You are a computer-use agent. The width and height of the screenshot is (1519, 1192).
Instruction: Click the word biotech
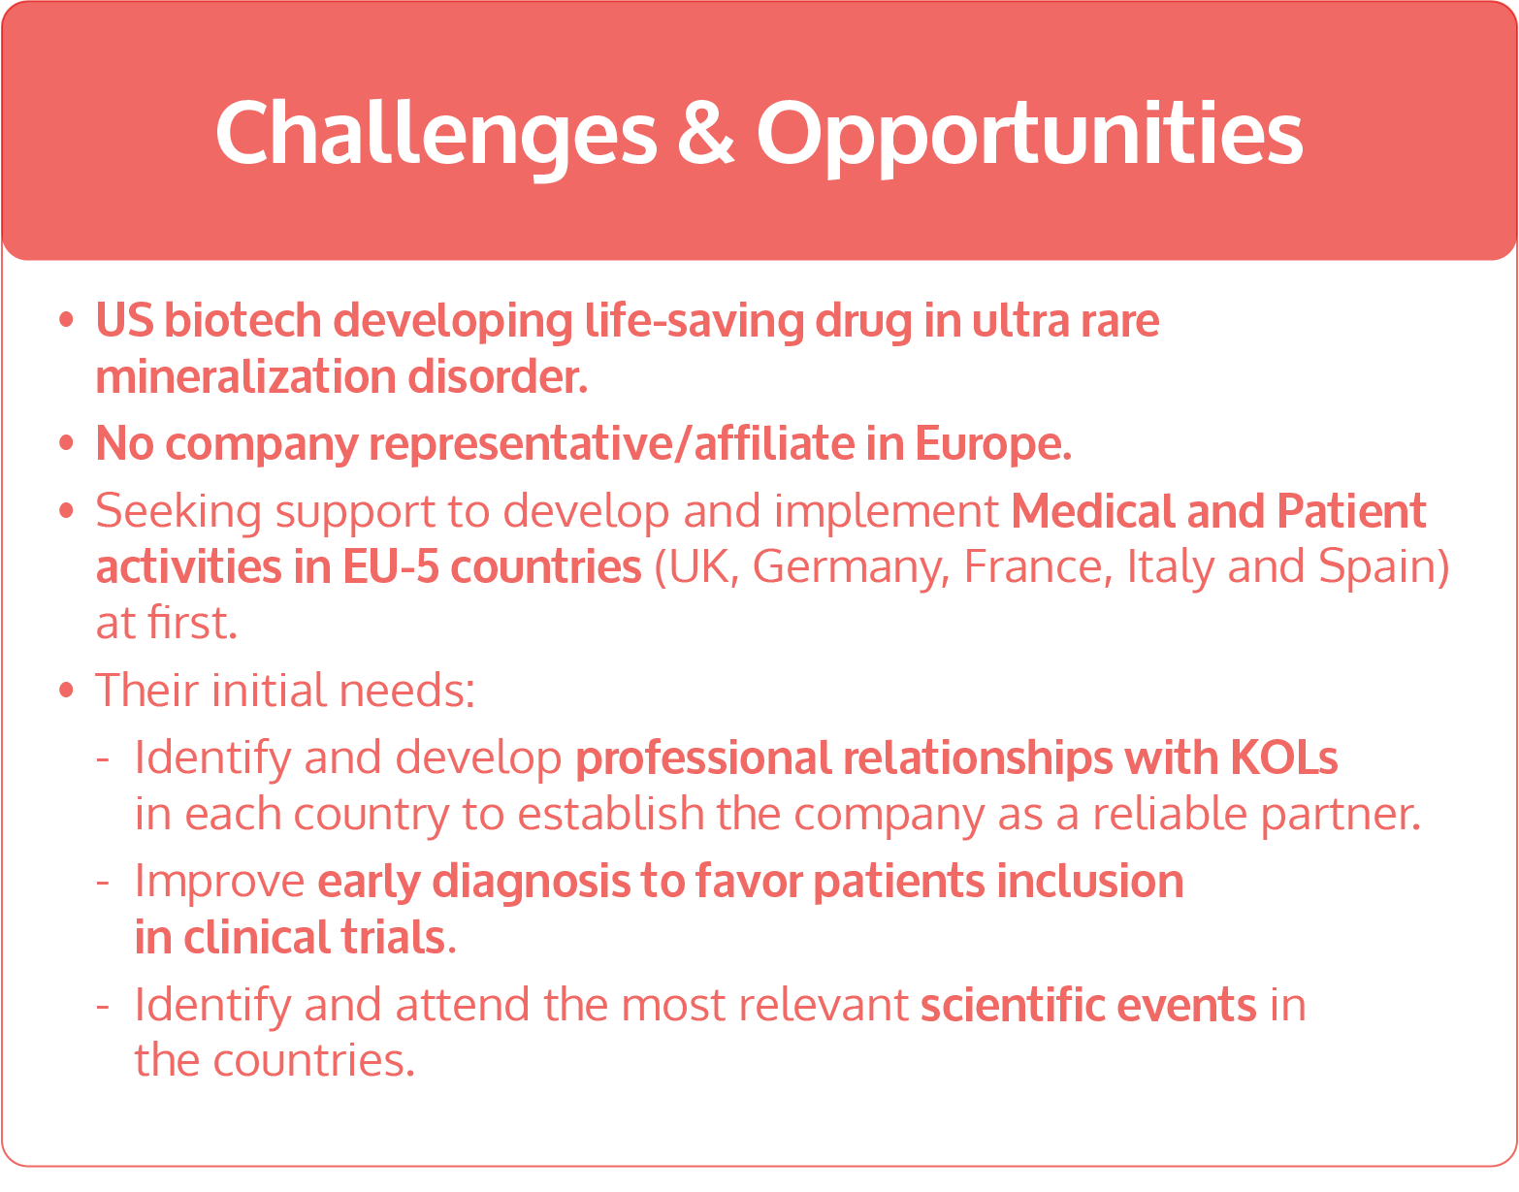click(x=242, y=321)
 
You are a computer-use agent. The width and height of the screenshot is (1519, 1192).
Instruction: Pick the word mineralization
click(x=245, y=377)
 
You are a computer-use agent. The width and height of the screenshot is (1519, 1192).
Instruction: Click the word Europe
click(x=991, y=444)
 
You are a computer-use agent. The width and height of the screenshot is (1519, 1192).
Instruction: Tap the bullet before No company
click(x=66, y=444)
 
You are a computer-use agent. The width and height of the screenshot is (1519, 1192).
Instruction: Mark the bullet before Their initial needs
click(x=66, y=691)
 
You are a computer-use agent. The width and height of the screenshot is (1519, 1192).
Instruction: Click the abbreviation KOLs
click(x=1284, y=758)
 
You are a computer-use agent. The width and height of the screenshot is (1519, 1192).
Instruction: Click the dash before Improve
click(x=103, y=883)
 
